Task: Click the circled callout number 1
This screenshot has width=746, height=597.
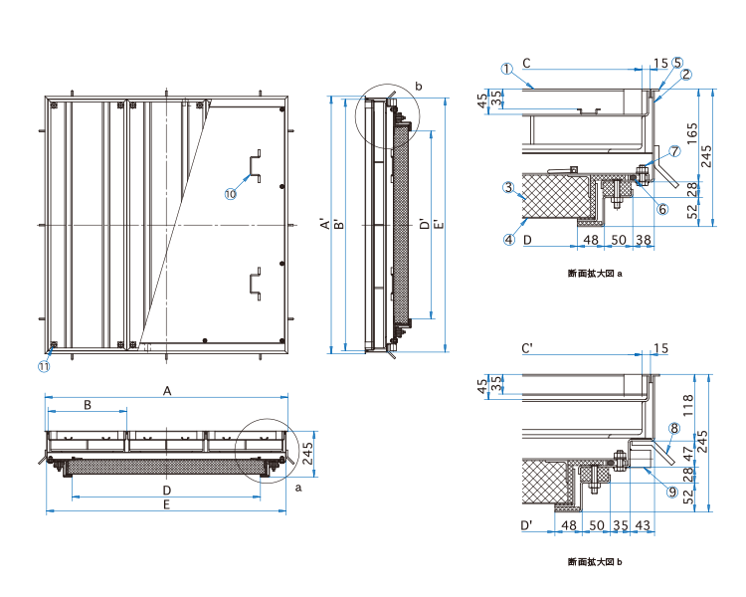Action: coord(507,69)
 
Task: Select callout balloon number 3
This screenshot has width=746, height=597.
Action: coord(507,187)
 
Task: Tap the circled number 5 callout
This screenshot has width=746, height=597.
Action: coord(677,62)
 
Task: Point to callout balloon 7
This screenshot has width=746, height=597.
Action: coord(674,151)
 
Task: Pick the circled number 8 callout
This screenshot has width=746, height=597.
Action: coord(673,429)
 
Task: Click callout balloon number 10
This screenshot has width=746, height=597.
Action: coord(230,195)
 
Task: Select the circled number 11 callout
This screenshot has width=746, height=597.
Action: coord(44,365)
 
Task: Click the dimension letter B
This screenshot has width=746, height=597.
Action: coord(88,405)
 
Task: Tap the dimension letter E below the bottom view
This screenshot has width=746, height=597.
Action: coord(167,505)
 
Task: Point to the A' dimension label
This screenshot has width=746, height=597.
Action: coord(325,226)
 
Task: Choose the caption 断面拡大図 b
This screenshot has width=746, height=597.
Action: coord(595,562)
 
